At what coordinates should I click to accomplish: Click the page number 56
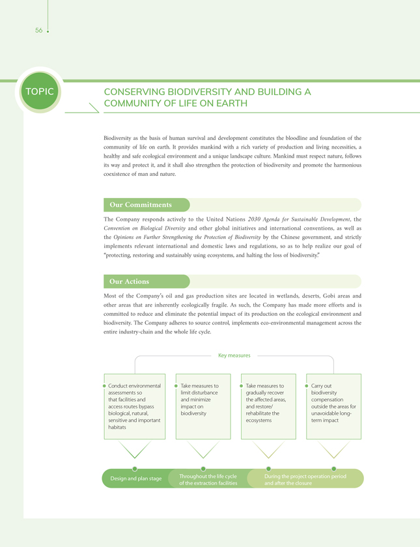click(39, 31)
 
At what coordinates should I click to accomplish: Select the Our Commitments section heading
click(141, 205)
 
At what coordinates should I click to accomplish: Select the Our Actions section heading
click(130, 281)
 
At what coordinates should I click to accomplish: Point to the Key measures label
click(234, 356)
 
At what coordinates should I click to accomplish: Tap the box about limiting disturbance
click(203, 406)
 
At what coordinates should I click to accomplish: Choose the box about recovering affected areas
click(268, 406)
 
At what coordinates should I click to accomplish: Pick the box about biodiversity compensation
click(333, 406)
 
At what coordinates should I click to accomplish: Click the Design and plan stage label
click(136, 479)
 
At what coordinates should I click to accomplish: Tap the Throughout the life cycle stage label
click(208, 480)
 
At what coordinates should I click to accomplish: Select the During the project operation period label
click(305, 480)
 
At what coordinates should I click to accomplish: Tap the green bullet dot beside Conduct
click(104, 386)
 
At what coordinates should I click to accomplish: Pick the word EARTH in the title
click(232, 104)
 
